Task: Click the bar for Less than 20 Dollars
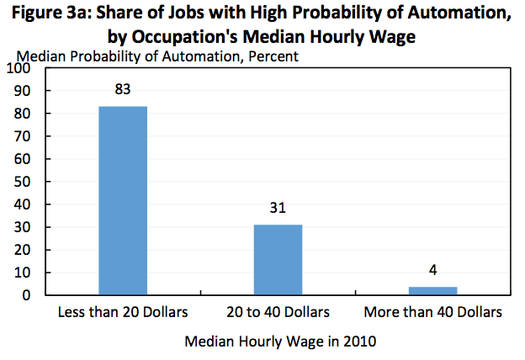(x=123, y=200)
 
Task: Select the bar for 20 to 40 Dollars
(x=278, y=260)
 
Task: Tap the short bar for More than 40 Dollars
(x=432, y=291)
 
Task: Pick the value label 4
(x=432, y=270)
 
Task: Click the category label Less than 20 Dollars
(x=123, y=312)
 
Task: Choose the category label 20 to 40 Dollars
(x=278, y=312)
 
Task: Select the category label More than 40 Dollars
(x=432, y=312)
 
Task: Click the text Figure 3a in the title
(x=59, y=15)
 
